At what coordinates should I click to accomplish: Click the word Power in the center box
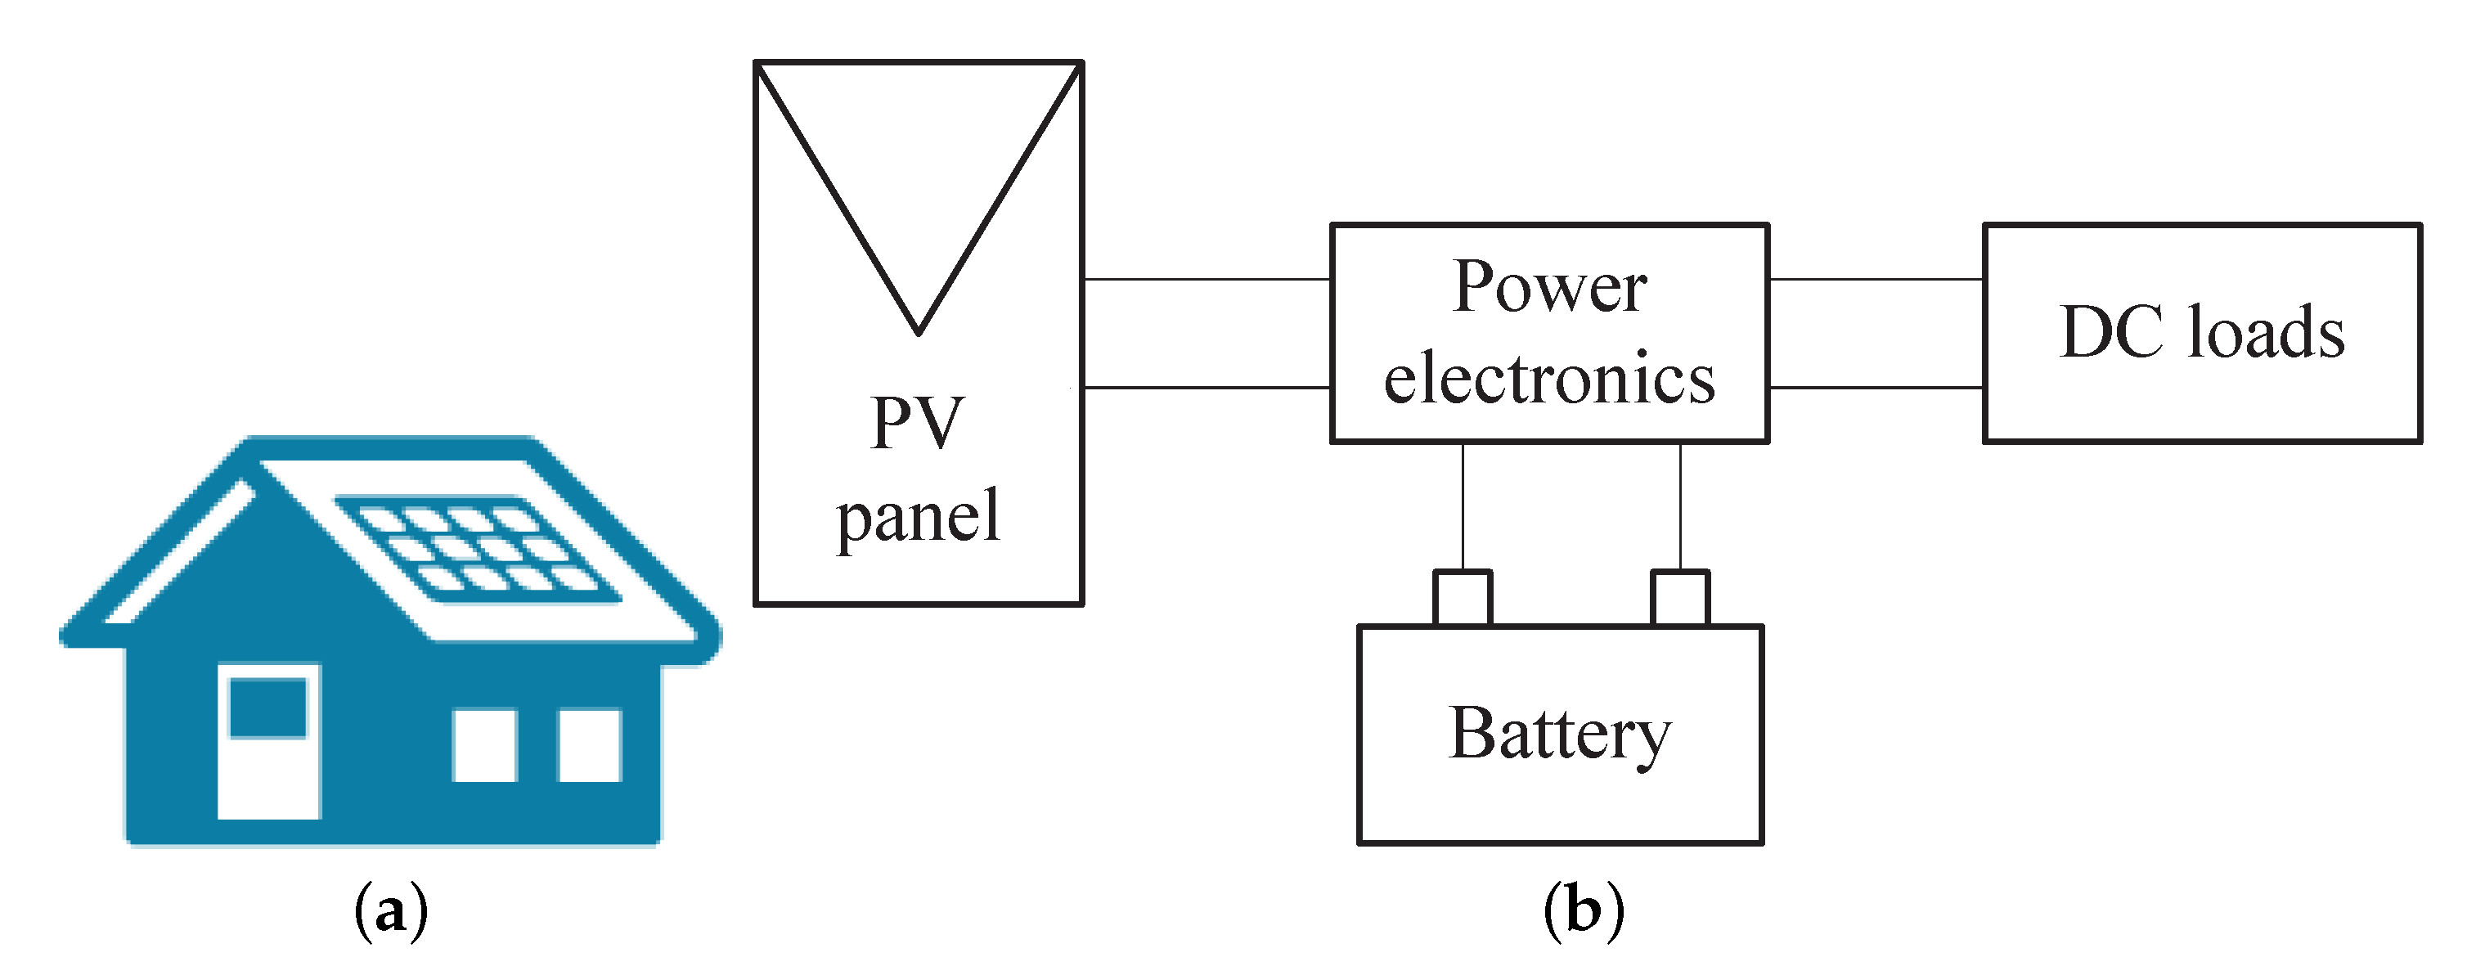coord(1548,286)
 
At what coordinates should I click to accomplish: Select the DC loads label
coord(2202,332)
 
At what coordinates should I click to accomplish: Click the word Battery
coord(1559,734)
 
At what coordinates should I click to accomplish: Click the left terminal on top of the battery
coord(1462,599)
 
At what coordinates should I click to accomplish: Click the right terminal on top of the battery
coord(1680,599)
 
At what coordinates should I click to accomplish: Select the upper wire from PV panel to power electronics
coord(1206,280)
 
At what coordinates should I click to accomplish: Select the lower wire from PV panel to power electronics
coord(1206,388)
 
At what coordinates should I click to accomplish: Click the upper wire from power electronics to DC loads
coord(1875,280)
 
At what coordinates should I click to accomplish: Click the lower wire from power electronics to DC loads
coord(1875,388)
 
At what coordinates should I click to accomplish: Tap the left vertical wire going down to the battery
coord(1463,508)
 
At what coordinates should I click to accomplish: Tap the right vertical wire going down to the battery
coord(1680,508)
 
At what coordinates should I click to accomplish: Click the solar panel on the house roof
coord(476,549)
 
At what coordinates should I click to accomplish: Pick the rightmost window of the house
coord(589,744)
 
